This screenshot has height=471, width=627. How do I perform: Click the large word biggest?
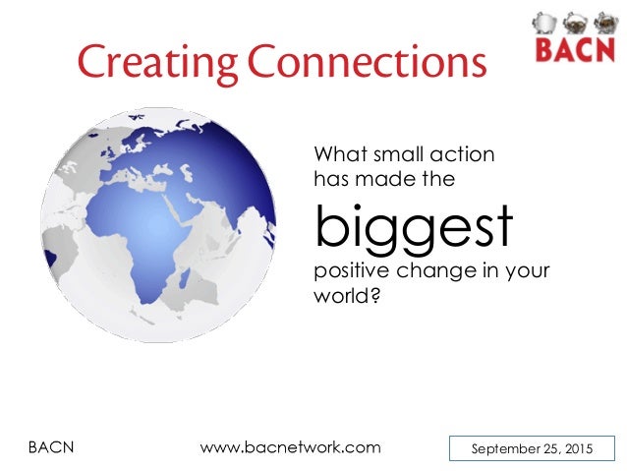[413, 227]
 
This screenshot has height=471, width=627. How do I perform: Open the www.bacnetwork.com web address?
[290, 447]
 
